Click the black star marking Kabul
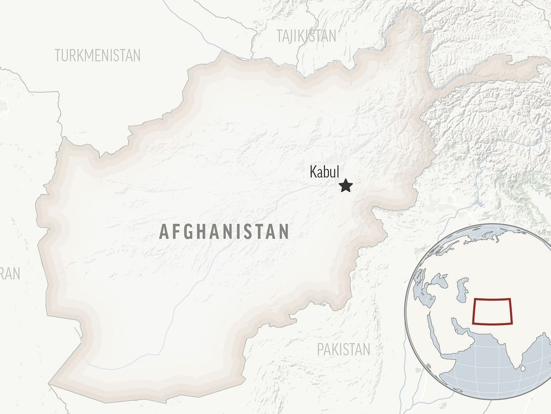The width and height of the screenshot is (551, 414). (x=345, y=186)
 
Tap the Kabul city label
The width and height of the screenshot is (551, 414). (x=325, y=172)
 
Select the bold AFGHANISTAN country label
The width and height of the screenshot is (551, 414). (x=224, y=231)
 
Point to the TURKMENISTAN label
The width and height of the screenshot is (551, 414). (x=98, y=55)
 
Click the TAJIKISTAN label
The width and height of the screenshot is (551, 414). (x=306, y=36)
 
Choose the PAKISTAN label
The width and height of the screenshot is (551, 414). (x=343, y=349)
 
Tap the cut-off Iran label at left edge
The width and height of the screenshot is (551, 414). (x=9, y=273)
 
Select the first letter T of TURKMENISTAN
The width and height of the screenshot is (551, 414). (x=58, y=55)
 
